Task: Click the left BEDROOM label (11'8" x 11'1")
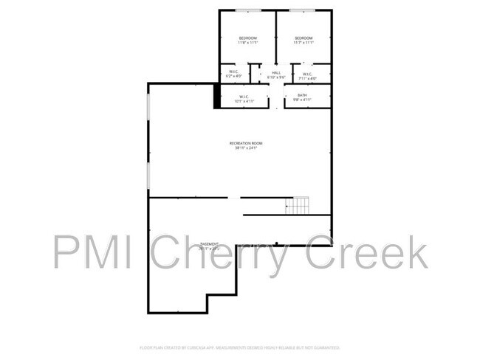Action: point(247,38)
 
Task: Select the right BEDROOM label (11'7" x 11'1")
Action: point(304,38)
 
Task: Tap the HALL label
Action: point(276,72)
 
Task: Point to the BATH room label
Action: point(302,95)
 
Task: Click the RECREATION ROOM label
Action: point(246,143)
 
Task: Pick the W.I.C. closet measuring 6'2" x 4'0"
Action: point(233,72)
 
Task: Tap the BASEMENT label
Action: point(210,243)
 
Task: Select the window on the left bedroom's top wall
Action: point(247,10)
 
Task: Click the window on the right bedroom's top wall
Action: point(303,10)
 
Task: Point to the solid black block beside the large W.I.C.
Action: point(216,96)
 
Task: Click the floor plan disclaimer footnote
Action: point(239,347)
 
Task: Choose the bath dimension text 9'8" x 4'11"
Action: point(302,100)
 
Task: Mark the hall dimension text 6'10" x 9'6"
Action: point(276,77)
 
